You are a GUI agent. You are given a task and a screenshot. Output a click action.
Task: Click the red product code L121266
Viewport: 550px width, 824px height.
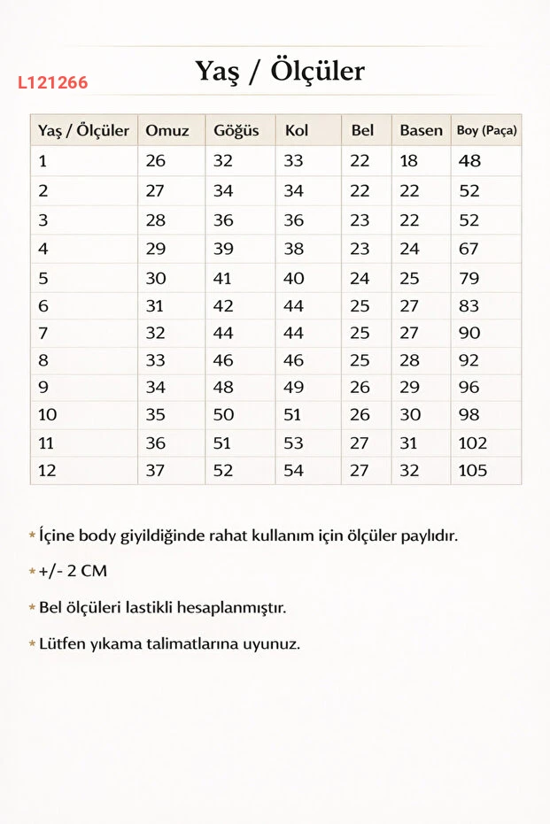click(52, 83)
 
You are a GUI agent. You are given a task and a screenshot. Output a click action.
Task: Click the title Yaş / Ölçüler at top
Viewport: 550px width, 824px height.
click(280, 71)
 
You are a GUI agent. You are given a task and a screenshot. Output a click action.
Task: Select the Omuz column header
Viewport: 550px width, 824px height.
click(167, 131)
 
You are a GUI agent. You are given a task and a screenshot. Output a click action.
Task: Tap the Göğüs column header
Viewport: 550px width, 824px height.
click(236, 131)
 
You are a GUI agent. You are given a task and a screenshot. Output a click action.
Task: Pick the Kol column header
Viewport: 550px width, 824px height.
click(297, 131)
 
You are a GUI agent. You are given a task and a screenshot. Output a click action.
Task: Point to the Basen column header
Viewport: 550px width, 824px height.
click(421, 131)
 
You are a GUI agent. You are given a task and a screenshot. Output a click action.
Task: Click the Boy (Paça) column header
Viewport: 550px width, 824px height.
click(486, 131)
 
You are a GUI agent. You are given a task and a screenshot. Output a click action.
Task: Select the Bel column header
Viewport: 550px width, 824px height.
click(362, 131)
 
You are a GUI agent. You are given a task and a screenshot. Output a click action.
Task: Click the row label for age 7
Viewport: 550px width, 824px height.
click(43, 333)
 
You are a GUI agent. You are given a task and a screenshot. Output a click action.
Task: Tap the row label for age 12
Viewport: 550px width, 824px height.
click(47, 470)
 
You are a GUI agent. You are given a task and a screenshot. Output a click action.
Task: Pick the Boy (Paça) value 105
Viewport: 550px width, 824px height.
click(473, 470)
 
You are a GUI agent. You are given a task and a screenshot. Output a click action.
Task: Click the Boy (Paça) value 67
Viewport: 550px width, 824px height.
click(469, 250)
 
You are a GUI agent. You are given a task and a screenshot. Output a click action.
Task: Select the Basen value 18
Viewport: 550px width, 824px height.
click(409, 161)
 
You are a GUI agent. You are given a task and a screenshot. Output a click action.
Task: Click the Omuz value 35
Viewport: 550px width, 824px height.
click(156, 414)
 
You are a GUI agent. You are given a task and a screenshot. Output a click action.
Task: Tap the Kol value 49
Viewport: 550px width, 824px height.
click(293, 387)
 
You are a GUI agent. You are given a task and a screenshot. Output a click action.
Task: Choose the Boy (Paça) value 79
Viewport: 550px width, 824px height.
click(469, 278)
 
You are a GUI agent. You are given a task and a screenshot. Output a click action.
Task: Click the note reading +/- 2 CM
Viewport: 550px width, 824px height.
click(73, 572)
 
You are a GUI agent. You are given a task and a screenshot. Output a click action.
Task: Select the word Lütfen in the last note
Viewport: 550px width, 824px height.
click(61, 643)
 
